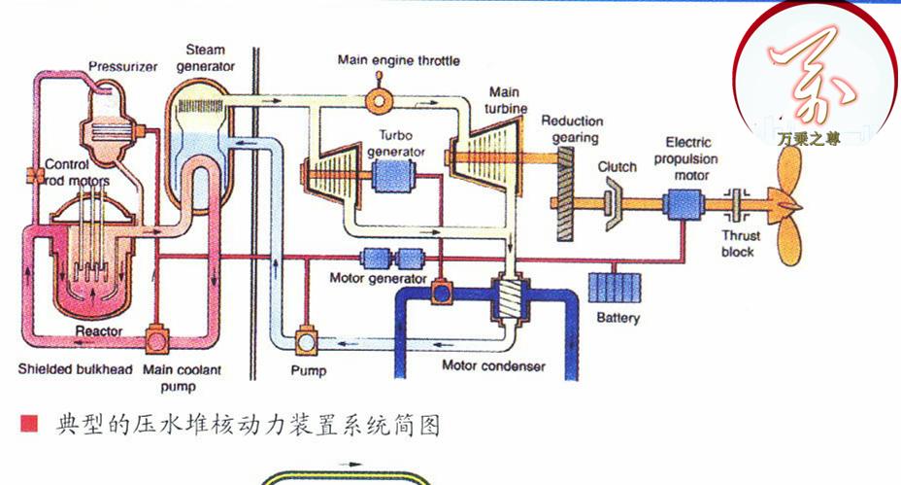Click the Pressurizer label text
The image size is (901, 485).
pos(123,67)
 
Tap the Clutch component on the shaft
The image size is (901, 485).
pos(613,203)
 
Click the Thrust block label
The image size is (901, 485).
pos(740,244)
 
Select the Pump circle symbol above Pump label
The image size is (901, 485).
pos(307,340)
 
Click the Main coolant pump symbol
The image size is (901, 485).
pos(155,340)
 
